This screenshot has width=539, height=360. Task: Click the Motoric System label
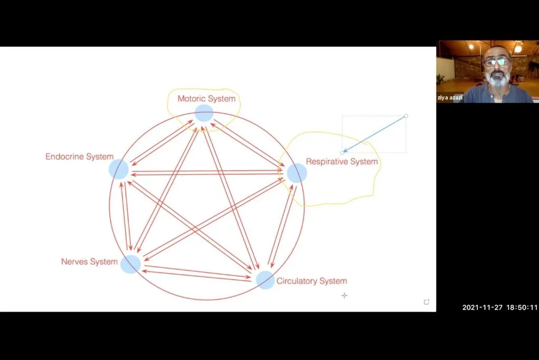point(206,98)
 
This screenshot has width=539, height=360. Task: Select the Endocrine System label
point(79,157)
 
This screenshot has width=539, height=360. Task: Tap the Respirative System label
point(342,162)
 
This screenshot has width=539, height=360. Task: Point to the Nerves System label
point(89,262)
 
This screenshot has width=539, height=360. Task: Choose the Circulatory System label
point(312,281)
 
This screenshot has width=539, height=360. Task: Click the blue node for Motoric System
point(204,113)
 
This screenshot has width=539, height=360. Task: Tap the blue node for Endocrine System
point(118,169)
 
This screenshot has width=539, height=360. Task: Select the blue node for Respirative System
point(297,173)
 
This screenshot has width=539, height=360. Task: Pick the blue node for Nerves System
point(131,264)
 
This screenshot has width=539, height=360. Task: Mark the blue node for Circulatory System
point(265,279)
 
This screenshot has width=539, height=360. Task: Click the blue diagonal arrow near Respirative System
point(374,134)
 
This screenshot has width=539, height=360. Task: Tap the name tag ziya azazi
point(450,98)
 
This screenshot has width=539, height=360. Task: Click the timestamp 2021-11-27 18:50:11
point(500,307)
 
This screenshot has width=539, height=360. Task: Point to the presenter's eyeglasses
point(497,62)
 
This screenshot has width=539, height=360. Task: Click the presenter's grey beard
point(498,79)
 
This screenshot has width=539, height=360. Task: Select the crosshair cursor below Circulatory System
point(344,295)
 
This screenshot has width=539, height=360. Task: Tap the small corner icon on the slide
point(426,302)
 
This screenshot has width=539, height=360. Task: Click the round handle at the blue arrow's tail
point(406,116)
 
